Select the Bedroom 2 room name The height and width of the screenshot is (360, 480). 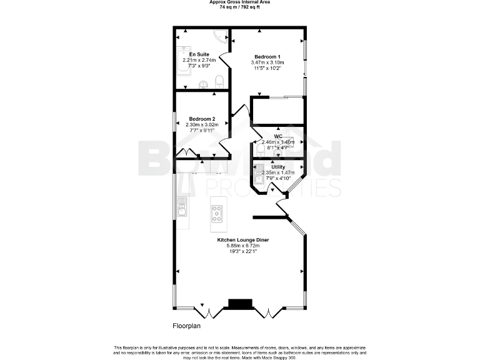(202, 119)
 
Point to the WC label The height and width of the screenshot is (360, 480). (278, 136)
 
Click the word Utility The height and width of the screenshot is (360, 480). (278, 167)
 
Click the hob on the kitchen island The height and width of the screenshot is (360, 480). (217, 214)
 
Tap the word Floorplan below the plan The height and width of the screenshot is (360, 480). (187, 326)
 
